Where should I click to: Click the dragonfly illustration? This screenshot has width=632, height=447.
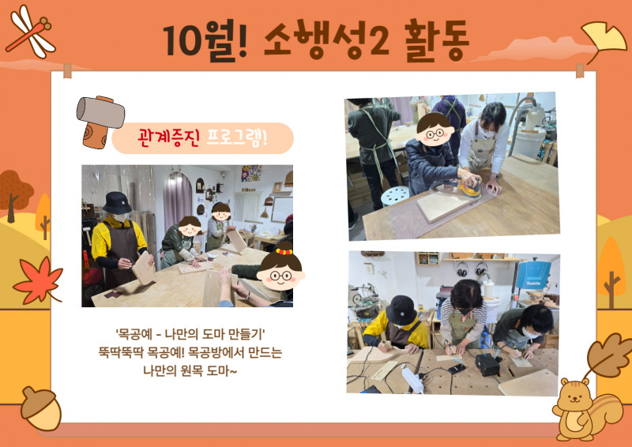point(30,32)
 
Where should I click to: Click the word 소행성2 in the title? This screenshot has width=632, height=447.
point(326,40)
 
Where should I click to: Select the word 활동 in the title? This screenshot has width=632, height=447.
point(437,40)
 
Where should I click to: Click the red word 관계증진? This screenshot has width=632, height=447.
point(168,138)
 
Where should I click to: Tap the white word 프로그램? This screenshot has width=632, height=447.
point(236,138)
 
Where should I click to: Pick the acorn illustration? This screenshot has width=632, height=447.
point(41,408)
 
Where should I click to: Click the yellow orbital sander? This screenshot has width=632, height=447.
point(469,186)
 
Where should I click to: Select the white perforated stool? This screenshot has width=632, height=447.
point(395,197)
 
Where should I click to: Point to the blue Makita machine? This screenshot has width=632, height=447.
point(533,275)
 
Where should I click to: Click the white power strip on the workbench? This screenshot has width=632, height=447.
point(412,379)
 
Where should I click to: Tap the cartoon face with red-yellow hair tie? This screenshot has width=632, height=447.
point(280,269)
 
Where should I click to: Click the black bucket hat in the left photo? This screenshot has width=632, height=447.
point(117,203)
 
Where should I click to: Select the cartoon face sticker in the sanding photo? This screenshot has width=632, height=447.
point(434,130)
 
